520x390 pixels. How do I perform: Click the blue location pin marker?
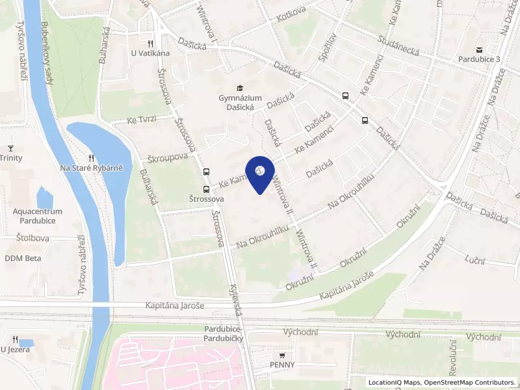[260, 173]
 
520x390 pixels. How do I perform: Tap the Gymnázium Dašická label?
[240, 103]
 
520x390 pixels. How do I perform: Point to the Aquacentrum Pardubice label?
[38, 216]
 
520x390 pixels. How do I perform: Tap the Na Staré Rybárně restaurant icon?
[92, 157]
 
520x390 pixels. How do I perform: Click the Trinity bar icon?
[10, 148]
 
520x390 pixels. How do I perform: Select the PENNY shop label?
[283, 365]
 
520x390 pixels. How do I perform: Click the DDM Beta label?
[23, 258]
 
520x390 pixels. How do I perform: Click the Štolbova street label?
[33, 238]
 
